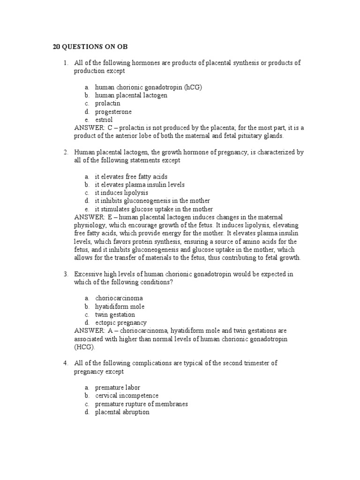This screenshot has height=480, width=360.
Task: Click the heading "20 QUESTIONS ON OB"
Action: [89, 47]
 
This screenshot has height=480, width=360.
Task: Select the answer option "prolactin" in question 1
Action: [108, 103]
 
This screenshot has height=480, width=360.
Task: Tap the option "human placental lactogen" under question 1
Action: [131, 95]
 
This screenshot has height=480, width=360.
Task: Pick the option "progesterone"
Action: [113, 112]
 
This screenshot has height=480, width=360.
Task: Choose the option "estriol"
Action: [104, 120]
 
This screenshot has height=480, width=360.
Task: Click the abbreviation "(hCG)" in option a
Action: [193, 87]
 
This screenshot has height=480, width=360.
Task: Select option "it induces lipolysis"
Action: [121, 193]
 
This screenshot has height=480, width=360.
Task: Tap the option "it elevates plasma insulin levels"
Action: [140, 184]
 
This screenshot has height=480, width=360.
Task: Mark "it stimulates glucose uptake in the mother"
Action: [154, 209]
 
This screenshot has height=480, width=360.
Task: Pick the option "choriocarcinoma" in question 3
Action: [119, 298]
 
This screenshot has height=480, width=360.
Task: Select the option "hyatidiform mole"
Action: [120, 306]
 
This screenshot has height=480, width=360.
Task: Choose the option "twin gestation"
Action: [115, 315]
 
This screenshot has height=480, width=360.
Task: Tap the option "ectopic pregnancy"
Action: [120, 322]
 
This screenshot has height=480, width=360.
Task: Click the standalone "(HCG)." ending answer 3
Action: [84, 347]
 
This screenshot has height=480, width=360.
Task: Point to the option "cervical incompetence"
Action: [127, 396]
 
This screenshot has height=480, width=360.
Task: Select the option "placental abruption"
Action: [122, 412]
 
